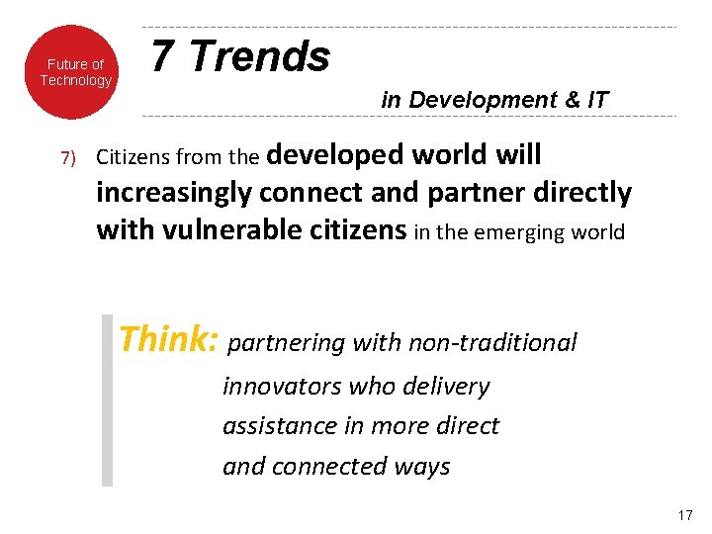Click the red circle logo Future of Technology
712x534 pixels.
(x=74, y=71)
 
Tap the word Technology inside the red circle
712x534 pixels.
(x=76, y=81)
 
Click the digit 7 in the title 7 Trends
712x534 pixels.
(x=164, y=57)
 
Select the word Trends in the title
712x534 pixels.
(x=259, y=57)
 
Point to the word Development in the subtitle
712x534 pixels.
(x=470, y=100)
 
